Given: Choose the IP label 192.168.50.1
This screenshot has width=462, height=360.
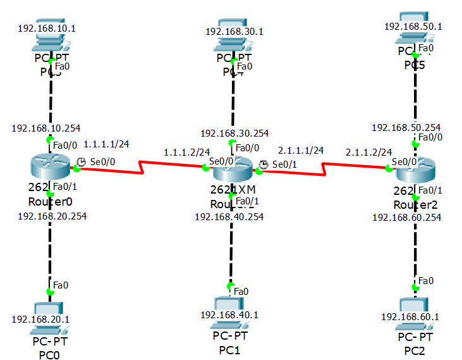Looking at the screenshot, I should click(x=413, y=27).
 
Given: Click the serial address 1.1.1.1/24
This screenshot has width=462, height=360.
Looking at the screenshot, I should click(x=106, y=144).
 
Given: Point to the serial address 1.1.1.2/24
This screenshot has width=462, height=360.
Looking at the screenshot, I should click(x=186, y=152).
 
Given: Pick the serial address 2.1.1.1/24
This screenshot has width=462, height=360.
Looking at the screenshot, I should click(x=301, y=150).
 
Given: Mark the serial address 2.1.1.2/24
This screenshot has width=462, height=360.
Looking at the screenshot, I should click(x=368, y=152).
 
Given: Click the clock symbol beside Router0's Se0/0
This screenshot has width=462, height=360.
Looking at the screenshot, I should click(x=82, y=162).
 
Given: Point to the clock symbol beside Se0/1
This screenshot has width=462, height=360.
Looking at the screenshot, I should click(x=264, y=164).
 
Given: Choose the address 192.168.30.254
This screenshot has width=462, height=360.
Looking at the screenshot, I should click(x=234, y=133).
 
